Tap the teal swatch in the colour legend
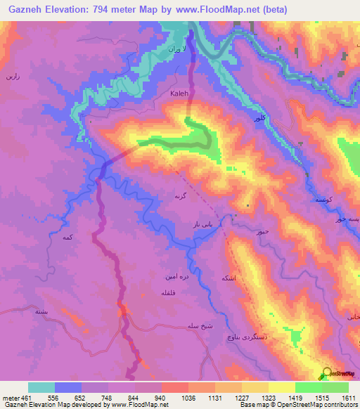pos(41,387)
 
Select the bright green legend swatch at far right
pos(335,387)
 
